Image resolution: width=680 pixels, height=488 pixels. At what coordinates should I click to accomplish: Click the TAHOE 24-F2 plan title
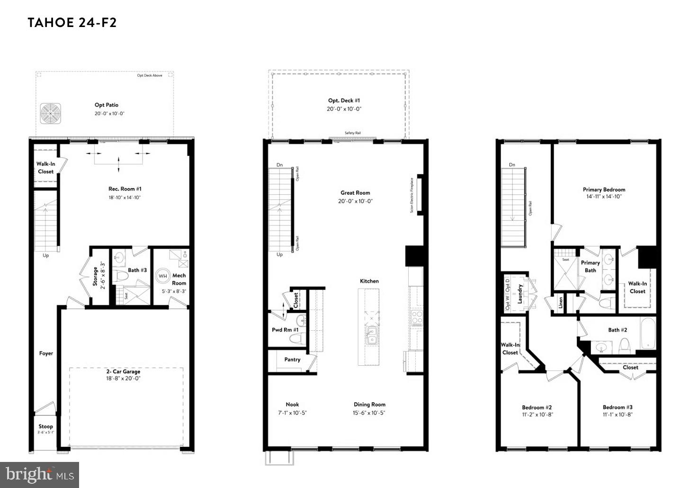(x=72, y=23)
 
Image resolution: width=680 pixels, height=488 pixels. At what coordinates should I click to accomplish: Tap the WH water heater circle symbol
(x=163, y=276)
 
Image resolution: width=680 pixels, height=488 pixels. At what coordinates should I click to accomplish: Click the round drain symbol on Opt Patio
(x=51, y=114)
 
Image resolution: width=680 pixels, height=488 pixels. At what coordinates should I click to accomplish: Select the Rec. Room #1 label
(x=125, y=189)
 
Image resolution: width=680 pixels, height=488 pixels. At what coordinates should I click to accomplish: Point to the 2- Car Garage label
(x=123, y=371)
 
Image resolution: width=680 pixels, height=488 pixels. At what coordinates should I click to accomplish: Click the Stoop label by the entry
(x=46, y=426)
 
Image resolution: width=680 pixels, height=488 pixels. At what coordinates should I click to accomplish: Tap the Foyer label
(x=46, y=353)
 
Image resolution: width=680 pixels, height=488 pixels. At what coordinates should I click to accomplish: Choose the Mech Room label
(x=179, y=279)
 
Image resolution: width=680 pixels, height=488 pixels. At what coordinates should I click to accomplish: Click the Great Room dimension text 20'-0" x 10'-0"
(x=355, y=201)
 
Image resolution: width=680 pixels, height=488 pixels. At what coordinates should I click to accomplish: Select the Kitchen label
(x=369, y=281)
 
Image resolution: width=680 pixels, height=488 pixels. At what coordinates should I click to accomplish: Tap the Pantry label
(x=292, y=360)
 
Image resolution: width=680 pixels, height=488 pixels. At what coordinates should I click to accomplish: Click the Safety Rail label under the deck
(x=353, y=133)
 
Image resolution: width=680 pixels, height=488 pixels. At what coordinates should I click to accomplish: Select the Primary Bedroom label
(x=604, y=190)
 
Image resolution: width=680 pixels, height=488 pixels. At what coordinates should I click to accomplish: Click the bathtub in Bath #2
(x=647, y=333)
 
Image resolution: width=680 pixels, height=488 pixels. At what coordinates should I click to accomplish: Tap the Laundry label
(x=519, y=294)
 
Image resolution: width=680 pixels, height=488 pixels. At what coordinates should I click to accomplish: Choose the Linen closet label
(x=561, y=301)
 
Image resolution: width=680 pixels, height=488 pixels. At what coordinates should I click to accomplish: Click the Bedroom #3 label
(x=617, y=407)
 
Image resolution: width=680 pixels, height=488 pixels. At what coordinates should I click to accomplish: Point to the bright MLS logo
(x=40, y=474)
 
